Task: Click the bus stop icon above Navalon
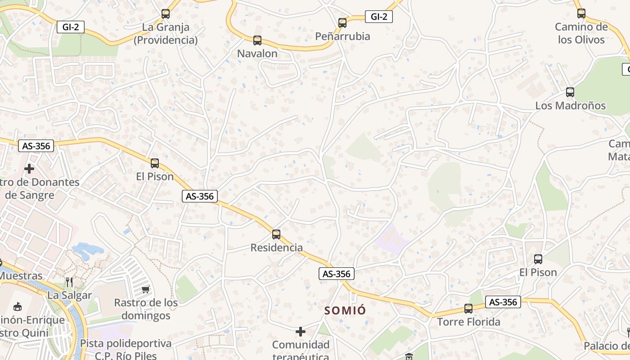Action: click(257, 40)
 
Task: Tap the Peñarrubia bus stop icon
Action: click(342, 22)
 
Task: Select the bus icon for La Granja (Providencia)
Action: click(166, 14)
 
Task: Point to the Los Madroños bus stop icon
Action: click(570, 92)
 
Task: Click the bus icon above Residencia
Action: click(276, 234)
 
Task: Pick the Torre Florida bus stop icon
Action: click(468, 309)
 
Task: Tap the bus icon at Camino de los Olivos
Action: click(581, 13)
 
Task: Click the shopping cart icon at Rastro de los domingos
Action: click(145, 289)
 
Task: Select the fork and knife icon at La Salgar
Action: click(69, 282)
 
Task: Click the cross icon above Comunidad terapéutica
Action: click(301, 332)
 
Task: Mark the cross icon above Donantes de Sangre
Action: click(29, 169)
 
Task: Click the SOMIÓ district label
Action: click(345, 310)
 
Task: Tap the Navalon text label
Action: click(257, 54)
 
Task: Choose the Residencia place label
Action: click(276, 247)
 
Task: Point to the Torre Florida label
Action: click(468, 322)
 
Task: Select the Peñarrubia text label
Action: click(342, 36)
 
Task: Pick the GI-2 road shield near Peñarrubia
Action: click(378, 17)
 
